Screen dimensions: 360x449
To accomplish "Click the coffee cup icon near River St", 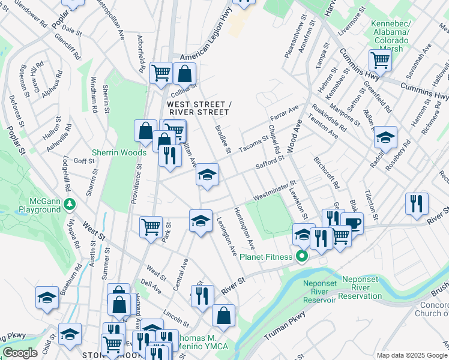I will (x=352, y=224).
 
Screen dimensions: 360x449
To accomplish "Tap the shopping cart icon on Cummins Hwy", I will (x=380, y=60).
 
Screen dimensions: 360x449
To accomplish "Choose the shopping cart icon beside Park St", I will (x=151, y=227).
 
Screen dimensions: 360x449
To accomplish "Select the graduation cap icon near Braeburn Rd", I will (x=47, y=298).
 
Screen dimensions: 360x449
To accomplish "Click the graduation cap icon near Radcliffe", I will (x=385, y=137).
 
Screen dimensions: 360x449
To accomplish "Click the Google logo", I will (x=20, y=353).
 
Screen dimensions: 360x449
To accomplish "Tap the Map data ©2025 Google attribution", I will (x=412, y=355).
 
